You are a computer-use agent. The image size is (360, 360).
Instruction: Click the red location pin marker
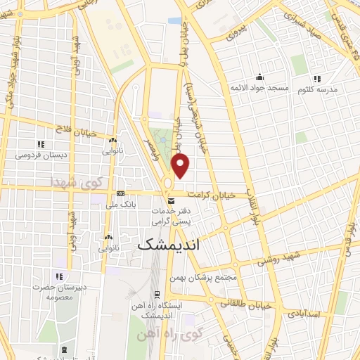point(181,165)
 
